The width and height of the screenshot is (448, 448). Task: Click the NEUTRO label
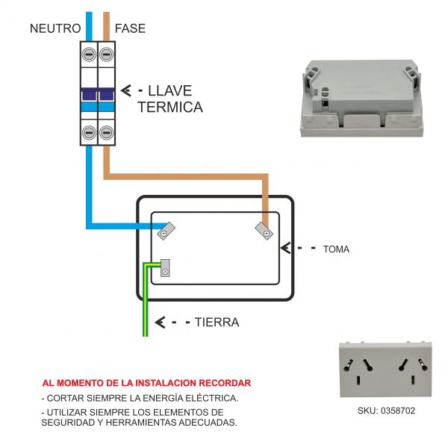point(55,28)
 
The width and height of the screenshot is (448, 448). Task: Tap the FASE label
point(130,28)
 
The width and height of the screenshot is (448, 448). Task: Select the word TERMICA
point(170,107)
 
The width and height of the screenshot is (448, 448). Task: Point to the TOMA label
point(336,249)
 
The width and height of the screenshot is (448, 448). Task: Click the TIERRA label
point(217,323)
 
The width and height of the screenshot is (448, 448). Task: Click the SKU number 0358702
point(398,411)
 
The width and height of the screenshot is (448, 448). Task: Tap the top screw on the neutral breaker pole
point(89,55)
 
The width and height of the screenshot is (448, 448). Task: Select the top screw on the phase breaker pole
point(106,55)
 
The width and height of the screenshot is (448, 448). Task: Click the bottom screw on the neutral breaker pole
point(89,133)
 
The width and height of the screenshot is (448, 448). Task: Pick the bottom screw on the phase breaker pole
point(106,133)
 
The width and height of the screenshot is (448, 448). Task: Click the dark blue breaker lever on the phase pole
point(107,95)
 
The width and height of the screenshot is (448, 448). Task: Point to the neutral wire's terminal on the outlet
point(166,231)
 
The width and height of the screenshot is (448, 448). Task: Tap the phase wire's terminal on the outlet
point(264,231)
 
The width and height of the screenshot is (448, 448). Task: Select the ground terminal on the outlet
point(165,268)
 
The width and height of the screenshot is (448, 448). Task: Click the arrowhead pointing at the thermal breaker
point(126,90)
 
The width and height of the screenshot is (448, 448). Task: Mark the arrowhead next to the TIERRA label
point(160,323)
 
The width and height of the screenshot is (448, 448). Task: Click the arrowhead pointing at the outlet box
point(285,248)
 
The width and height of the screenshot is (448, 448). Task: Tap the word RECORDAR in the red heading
point(225,383)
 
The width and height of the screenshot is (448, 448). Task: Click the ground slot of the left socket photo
point(358,380)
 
